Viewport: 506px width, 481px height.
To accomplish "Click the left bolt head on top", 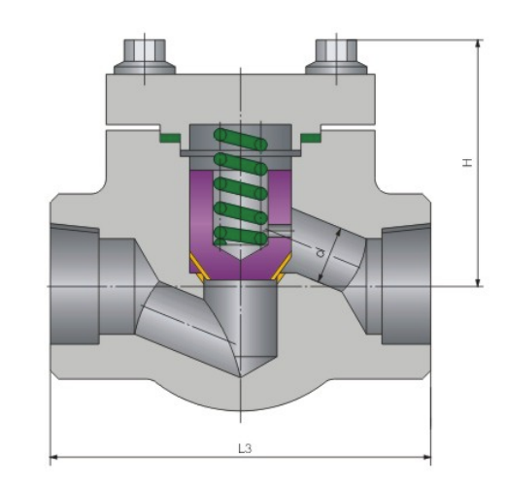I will (143, 52).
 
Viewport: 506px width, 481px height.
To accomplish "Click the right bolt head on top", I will (336, 52).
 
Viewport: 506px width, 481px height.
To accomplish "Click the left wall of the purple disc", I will (198, 208).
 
